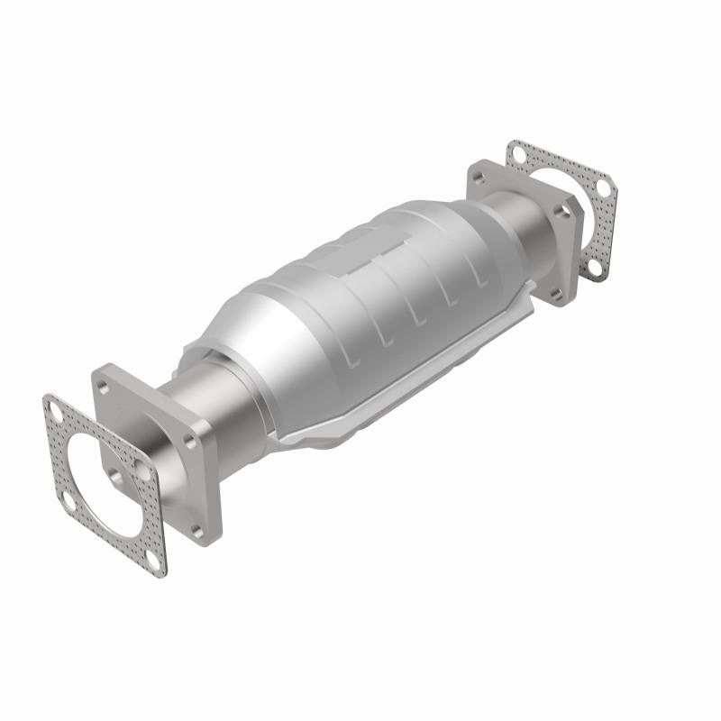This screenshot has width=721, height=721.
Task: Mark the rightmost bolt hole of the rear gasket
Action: [x=603, y=186]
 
